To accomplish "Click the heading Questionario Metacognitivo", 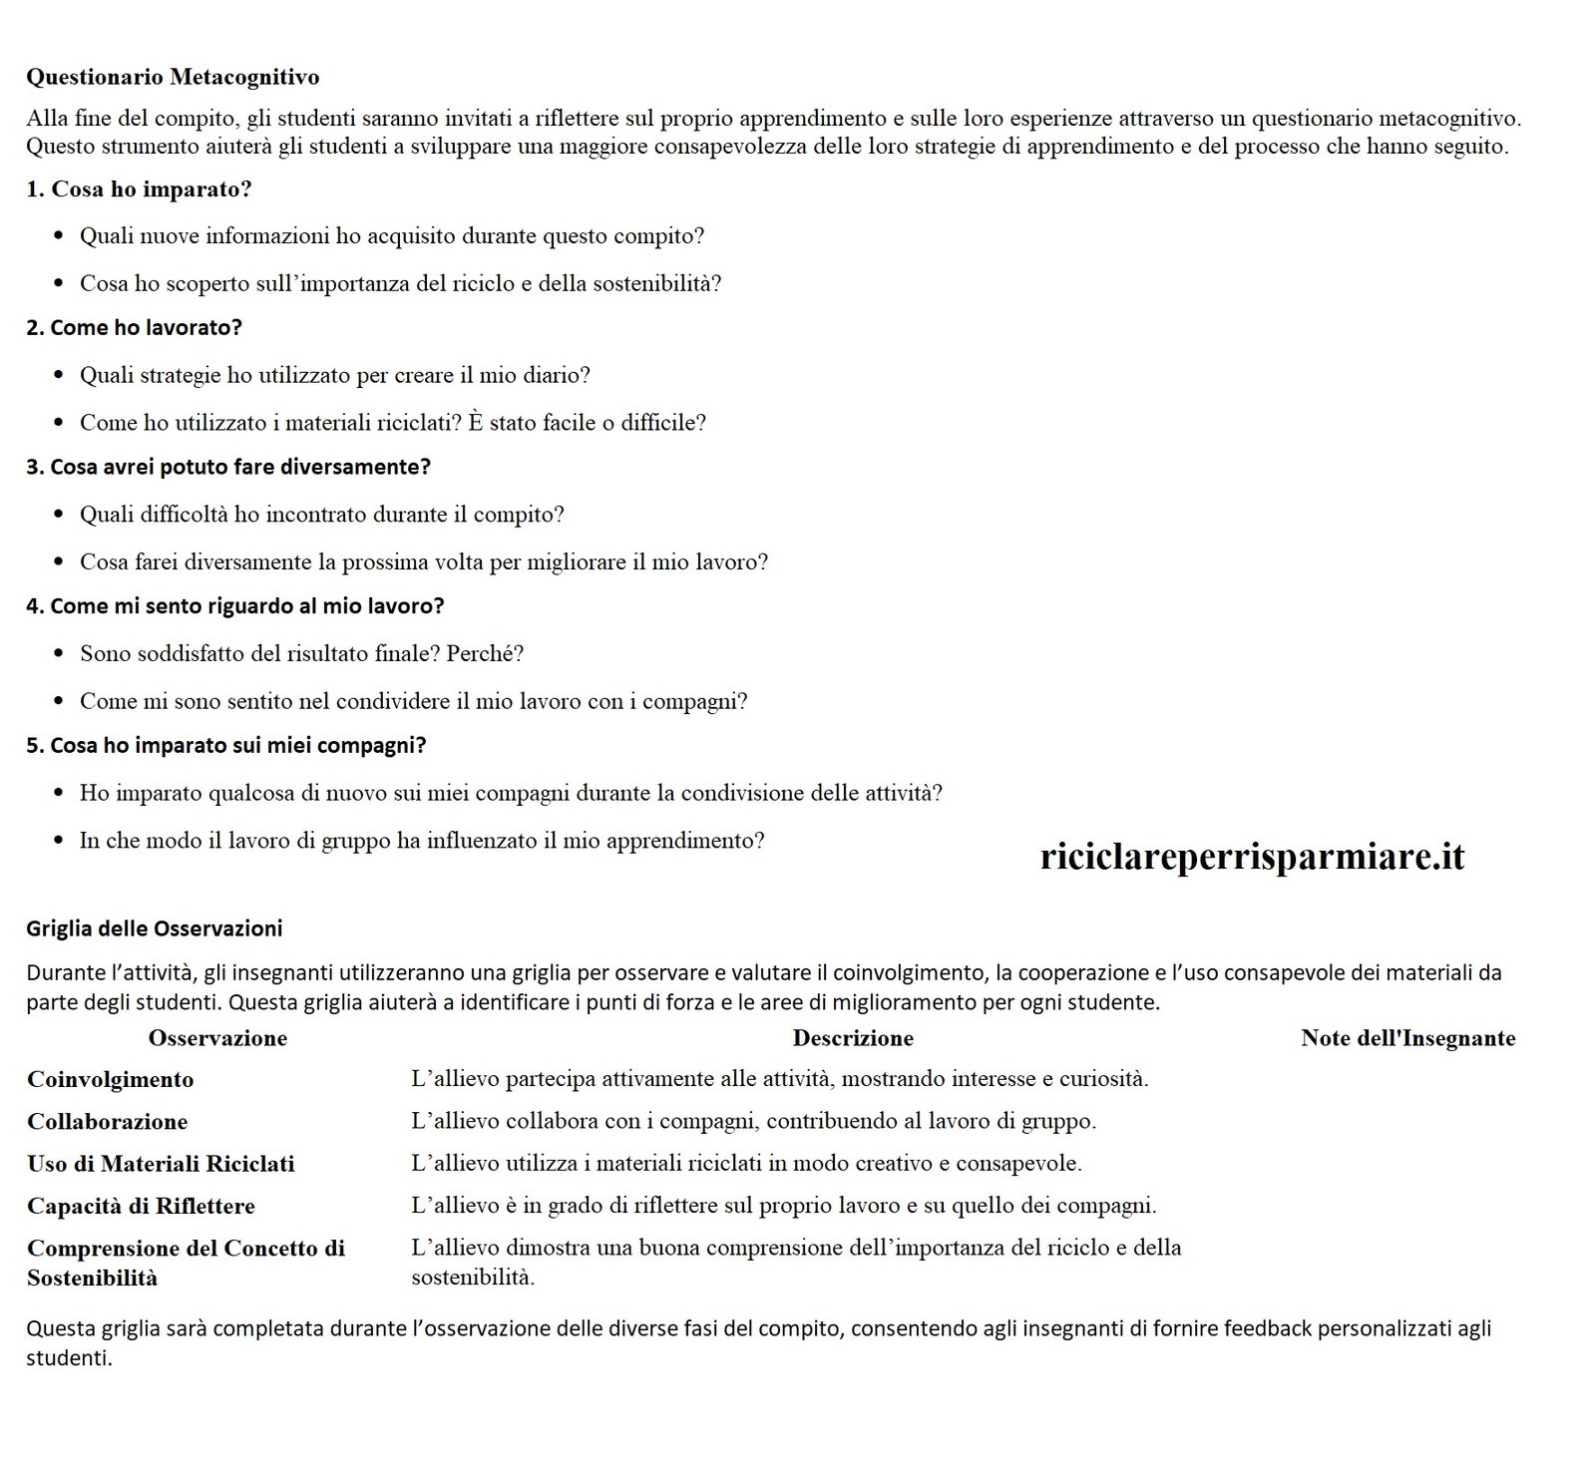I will coord(173,77).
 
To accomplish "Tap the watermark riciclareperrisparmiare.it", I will coord(1252,856).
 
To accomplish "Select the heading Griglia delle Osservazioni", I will coord(155,928).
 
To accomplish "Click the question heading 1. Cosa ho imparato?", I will coord(139,189).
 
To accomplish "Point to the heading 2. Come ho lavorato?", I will coord(134,327).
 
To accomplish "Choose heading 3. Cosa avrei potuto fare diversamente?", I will coord(228,467).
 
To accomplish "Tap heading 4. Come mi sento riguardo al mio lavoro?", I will coord(234,605).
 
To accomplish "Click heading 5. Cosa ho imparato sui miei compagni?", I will coord(225,745).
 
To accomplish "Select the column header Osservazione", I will coord(217,1038).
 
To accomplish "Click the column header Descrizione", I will coord(853,1038).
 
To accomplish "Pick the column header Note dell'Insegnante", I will coord(1407,1038).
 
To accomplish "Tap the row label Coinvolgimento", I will coord(111,1079).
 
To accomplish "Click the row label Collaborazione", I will coord(107,1121).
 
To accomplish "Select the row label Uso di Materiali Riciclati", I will coord(161,1163).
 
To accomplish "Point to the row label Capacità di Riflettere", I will coord(141,1206).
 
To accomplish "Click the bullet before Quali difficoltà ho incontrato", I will coord(59,516).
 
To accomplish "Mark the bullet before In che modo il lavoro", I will coord(59,842).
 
